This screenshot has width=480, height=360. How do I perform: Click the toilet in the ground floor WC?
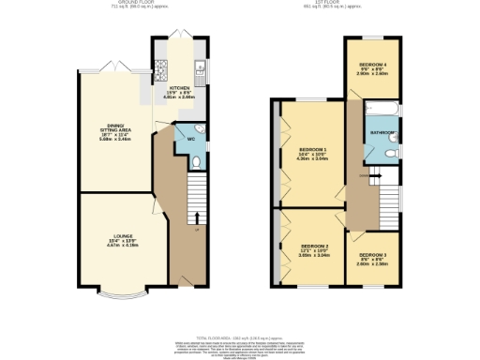pos(196,162)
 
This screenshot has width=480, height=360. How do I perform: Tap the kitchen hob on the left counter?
pos(160,68)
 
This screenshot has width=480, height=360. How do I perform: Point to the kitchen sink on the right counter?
pos(201,68)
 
